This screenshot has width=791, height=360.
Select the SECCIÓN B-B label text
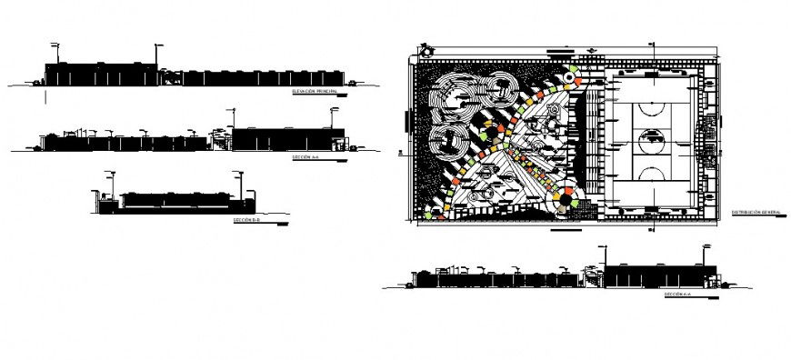click(x=245, y=220)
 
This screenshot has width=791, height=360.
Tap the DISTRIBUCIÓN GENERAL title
click(x=756, y=212)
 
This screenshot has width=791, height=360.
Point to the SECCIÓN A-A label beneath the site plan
click(x=678, y=295)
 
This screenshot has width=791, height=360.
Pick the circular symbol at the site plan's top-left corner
click(x=422, y=51)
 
